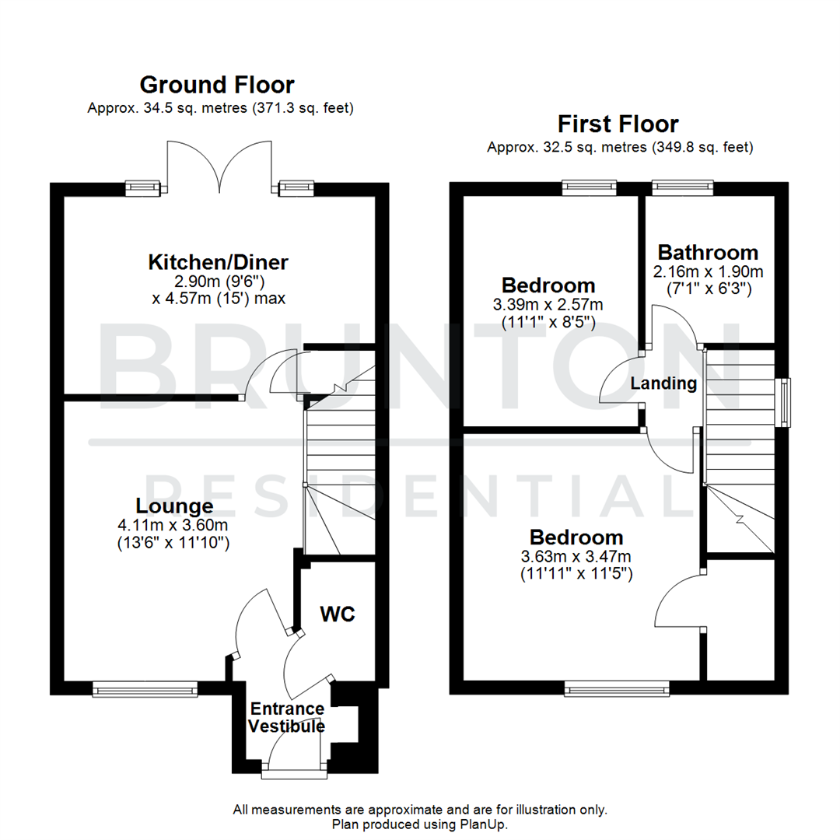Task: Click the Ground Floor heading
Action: pos(217,84)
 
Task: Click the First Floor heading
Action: pos(618,124)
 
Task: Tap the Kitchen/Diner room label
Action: pos(219,262)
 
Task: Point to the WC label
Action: pos(338,614)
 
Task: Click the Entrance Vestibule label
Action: pos(287,718)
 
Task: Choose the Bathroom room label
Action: pos(707,252)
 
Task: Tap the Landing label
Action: pos(663,383)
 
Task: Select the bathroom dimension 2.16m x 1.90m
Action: pos(707,271)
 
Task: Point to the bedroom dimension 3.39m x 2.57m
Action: pos(548,304)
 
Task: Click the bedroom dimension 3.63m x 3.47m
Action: pos(576,556)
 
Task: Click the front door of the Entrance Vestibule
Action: pos(294,754)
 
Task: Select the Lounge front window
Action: pos(145,688)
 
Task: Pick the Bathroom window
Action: pos(681,186)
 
